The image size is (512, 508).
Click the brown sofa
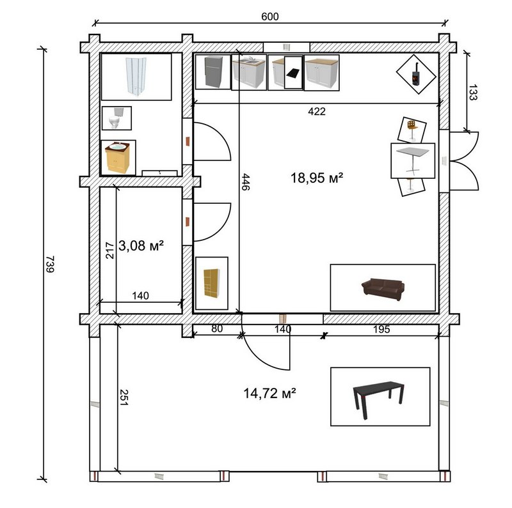(383, 289)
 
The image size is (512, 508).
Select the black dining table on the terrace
(379, 399)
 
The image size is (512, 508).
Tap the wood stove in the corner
(415, 74)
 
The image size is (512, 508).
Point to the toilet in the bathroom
(116, 118)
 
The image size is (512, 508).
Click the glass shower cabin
(136, 76)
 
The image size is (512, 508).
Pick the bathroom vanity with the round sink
(118, 157)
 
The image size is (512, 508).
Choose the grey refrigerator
(213, 72)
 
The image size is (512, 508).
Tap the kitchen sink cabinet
(249, 73)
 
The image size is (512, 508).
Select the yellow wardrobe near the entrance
(212, 283)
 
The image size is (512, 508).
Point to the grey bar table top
(413, 152)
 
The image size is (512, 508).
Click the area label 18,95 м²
(317, 178)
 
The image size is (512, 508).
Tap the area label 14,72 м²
(269, 393)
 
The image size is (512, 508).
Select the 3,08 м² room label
(141, 245)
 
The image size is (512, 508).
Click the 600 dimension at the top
(270, 17)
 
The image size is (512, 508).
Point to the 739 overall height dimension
(51, 264)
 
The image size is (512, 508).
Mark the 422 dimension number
(317, 112)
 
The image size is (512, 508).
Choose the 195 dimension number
(381, 329)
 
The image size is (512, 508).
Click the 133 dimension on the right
(473, 92)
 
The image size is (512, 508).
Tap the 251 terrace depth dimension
(124, 397)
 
